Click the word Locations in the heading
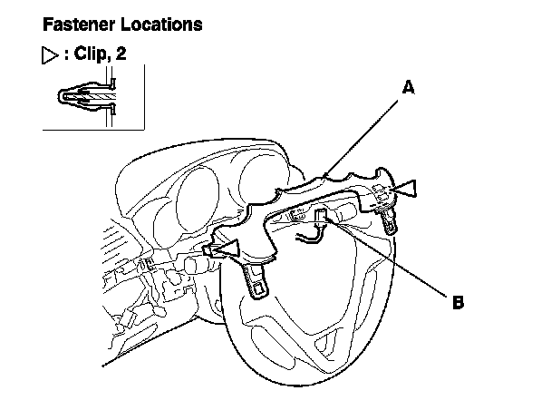click(161, 24)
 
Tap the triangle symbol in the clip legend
click(50, 55)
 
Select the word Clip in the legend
click(91, 54)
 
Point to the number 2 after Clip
click(121, 54)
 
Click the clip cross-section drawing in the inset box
click(87, 96)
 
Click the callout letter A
click(409, 87)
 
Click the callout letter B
click(458, 302)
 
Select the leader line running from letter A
click(361, 138)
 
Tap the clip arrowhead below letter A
click(403, 189)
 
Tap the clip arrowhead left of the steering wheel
click(226, 249)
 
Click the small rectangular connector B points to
click(321, 215)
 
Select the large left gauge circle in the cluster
click(198, 200)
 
